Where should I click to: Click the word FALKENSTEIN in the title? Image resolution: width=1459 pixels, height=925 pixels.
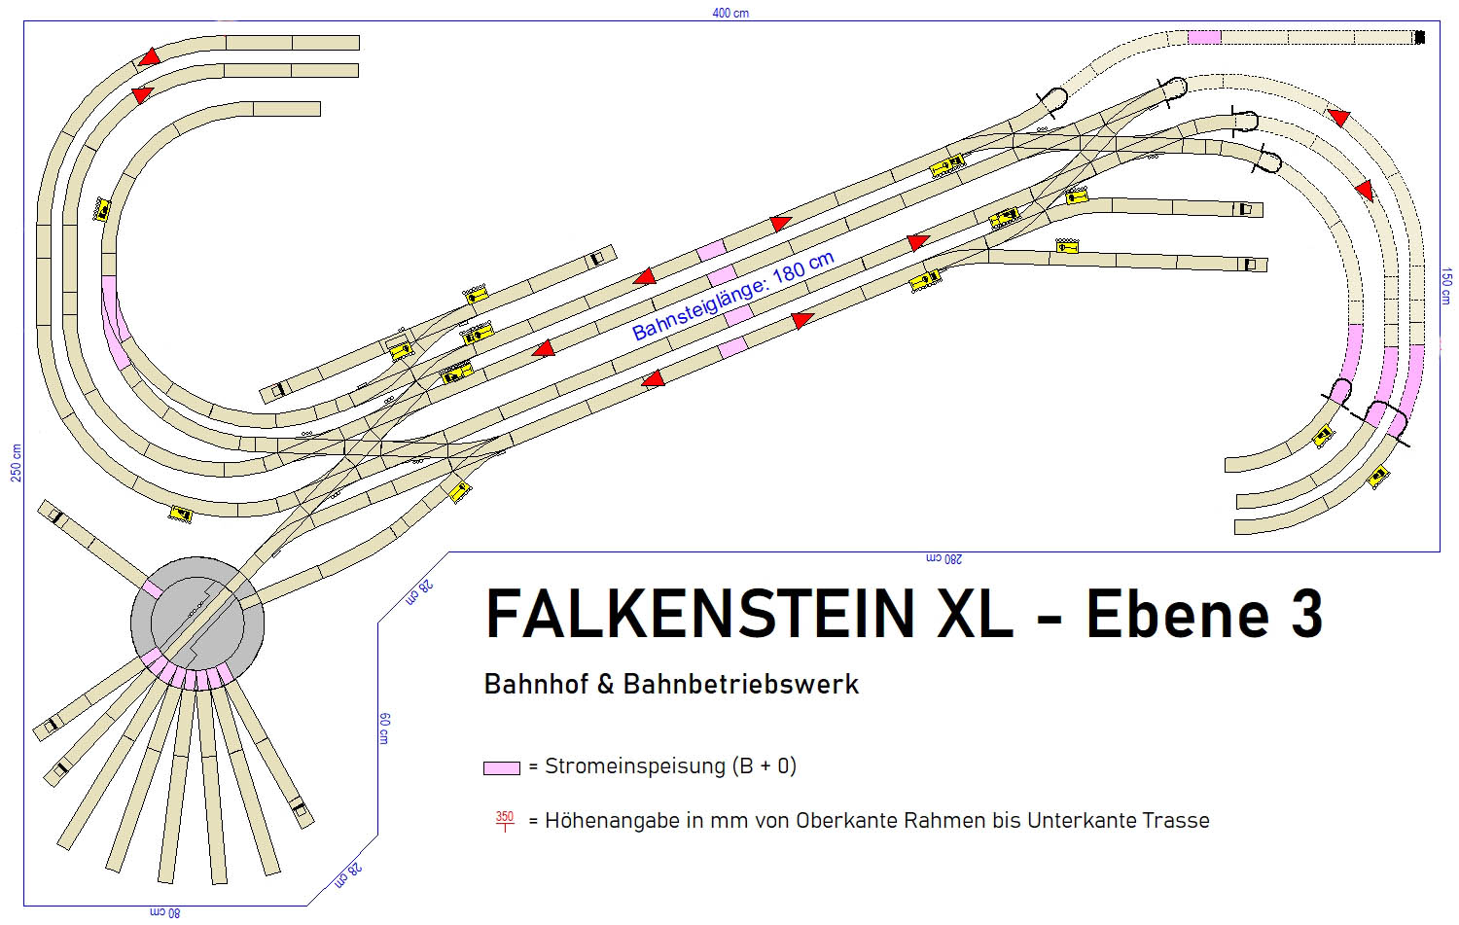coord(698,615)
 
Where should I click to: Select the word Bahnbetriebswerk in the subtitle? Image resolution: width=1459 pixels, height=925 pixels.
coord(741,685)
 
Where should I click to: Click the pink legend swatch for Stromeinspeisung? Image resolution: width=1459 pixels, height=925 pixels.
coord(501,767)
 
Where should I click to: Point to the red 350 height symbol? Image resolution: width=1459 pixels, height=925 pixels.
coord(504,820)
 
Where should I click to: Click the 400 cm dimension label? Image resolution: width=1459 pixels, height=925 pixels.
coord(730,13)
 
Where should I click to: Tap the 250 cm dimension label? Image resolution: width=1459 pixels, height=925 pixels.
coord(16,462)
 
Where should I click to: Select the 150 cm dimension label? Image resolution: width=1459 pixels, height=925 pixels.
coord(1447,287)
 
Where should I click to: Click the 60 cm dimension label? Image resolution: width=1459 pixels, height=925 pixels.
coord(384,728)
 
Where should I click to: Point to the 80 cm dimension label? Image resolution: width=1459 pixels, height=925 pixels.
coord(164,912)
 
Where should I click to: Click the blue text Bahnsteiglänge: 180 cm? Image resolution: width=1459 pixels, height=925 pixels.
coord(733,296)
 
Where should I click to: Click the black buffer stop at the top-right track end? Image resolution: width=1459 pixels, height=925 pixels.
coord(1419,38)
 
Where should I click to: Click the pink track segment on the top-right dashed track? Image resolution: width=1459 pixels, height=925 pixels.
coord(1204,37)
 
